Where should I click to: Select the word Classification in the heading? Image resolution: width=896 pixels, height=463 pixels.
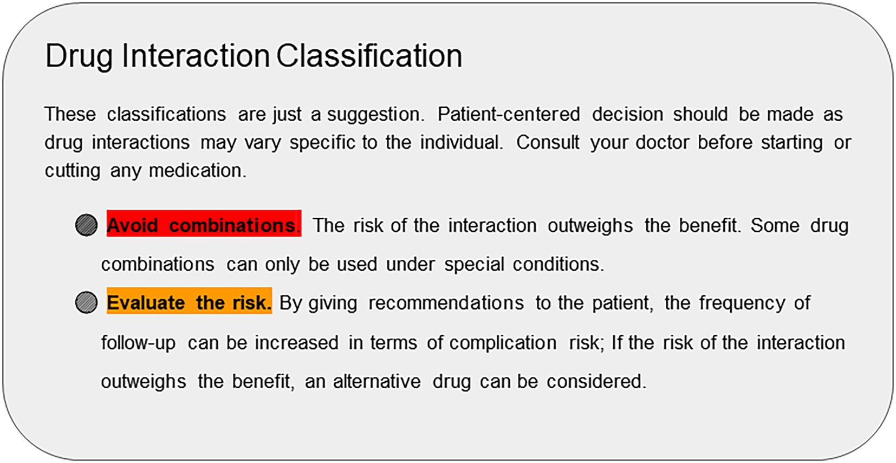369,55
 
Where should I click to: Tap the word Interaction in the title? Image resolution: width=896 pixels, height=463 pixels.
196,55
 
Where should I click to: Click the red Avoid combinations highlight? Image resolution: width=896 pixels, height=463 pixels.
204,223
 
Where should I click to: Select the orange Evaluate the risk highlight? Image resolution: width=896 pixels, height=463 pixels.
189,301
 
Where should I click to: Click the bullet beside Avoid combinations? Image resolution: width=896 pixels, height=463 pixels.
86,225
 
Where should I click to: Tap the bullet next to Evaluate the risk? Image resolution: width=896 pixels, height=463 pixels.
86,302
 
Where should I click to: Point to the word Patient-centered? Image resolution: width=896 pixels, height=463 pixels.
508,114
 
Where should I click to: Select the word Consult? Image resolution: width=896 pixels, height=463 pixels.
548,142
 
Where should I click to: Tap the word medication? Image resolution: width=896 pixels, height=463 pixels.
198,171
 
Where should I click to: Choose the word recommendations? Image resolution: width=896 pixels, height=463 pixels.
446,303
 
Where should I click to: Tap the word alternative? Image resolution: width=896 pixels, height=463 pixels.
377,381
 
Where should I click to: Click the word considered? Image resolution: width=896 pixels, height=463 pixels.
596,381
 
